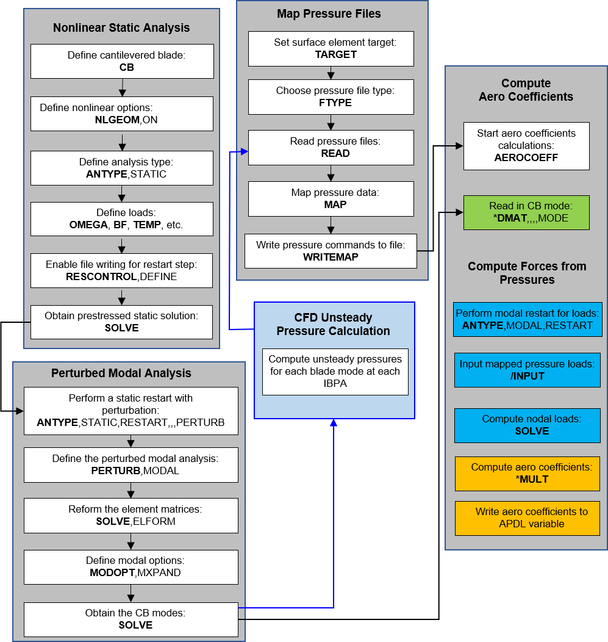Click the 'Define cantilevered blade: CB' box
click(122, 61)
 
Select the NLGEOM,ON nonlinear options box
click(122, 114)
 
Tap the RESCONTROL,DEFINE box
click(122, 270)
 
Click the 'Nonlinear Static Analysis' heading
click(121, 28)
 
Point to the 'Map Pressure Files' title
click(329, 14)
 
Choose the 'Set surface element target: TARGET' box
click(331, 48)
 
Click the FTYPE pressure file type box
click(331, 96)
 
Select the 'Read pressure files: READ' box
click(331, 147)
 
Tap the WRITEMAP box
click(331, 251)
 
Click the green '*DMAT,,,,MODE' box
click(526, 212)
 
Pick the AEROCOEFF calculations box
click(526, 145)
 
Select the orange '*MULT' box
click(528, 474)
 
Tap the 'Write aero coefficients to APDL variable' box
click(528, 518)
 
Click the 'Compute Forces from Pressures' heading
click(527, 273)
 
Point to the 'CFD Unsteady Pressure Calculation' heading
click(333, 325)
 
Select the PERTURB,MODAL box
click(131, 464)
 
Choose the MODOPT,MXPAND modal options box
click(131, 567)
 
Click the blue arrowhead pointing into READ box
click(245, 152)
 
